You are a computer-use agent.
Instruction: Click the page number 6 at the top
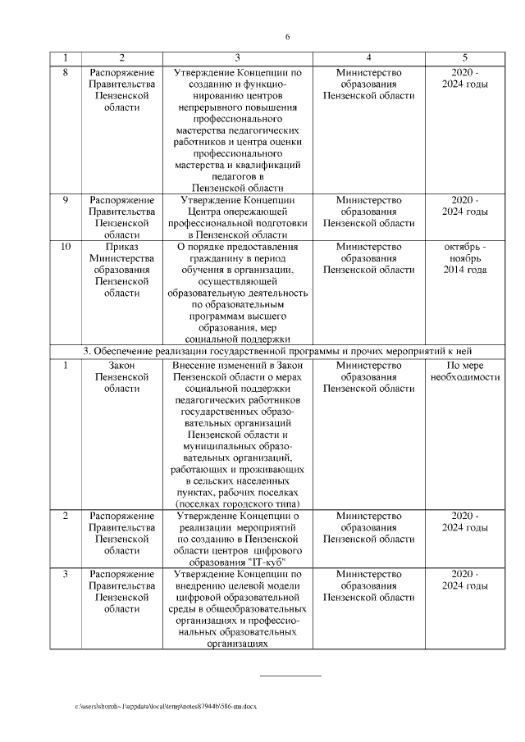(288, 37)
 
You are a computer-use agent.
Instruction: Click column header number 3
(237, 57)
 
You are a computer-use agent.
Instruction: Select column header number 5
(464, 57)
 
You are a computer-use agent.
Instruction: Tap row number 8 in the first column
(66, 72)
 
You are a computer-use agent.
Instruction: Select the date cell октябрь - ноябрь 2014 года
(464, 258)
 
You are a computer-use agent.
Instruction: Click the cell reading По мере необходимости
(464, 371)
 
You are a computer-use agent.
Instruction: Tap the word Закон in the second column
(121, 365)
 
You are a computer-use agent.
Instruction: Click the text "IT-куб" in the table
(265, 554)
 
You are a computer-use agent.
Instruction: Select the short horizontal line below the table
(290, 676)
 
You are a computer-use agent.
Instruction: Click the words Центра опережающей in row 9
(237, 212)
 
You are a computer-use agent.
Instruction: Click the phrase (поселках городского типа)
(237, 503)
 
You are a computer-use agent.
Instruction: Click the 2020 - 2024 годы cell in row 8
(464, 78)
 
